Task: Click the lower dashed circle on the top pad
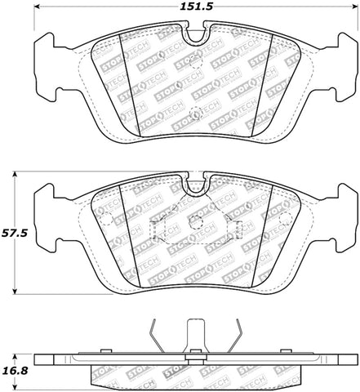[x=194, y=114]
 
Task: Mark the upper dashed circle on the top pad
[x=194, y=60]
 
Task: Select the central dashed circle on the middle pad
[x=194, y=221]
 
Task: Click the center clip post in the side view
[x=193, y=335]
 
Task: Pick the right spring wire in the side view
[x=234, y=334]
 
